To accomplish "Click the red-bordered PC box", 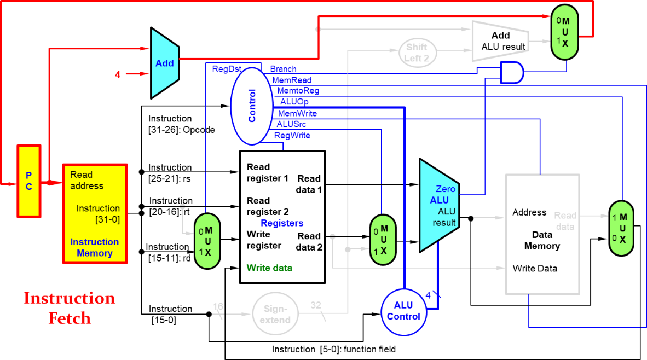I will (x=29, y=181).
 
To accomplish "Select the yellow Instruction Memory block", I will (x=95, y=214).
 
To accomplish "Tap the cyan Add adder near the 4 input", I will (x=164, y=63).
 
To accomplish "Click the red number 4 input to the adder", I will (x=118, y=74).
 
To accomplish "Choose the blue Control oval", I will (x=252, y=106).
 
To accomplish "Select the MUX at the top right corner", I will (x=564, y=32).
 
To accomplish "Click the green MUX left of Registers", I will (x=207, y=241).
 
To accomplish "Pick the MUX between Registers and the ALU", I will (x=383, y=239).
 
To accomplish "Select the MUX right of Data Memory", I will (x=622, y=228).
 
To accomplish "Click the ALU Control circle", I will (x=403, y=311).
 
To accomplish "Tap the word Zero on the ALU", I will (x=446, y=189).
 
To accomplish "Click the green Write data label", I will (x=269, y=268).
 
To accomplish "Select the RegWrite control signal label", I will (x=292, y=136).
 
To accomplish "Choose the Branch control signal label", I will (x=284, y=69).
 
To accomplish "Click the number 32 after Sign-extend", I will (x=316, y=305).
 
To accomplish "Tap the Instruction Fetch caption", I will (x=70, y=308).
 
